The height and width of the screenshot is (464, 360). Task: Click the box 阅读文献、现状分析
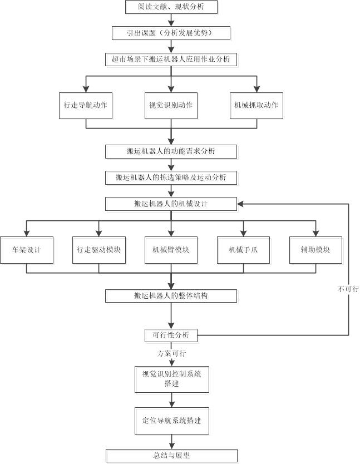[x=171, y=7]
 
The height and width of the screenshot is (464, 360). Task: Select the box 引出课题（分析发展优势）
[x=171, y=33]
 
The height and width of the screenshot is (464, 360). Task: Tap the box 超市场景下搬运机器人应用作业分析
[x=171, y=59]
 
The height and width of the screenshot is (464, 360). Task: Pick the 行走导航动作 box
[x=86, y=105]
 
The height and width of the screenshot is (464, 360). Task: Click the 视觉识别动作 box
[x=171, y=105]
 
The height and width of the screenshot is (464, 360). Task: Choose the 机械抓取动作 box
[x=257, y=105]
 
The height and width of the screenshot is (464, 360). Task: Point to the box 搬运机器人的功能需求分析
[x=171, y=151]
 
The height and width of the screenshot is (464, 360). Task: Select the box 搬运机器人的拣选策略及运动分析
[x=171, y=177]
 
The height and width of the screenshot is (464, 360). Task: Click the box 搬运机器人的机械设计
[x=171, y=204]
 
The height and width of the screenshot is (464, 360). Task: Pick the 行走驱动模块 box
[x=98, y=250]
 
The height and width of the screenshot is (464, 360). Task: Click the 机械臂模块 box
[x=171, y=250]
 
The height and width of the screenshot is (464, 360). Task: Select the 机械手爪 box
[x=243, y=250]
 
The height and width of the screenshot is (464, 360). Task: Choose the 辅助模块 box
[x=315, y=250]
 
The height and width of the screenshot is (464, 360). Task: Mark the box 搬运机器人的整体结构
[x=171, y=295]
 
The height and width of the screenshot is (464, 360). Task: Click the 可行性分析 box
[x=171, y=335]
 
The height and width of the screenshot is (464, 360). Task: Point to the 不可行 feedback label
[x=348, y=289]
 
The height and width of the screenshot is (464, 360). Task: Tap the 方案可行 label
[x=171, y=353]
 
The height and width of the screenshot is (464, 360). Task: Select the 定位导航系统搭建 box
[x=171, y=421]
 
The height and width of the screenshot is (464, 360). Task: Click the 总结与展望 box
[x=171, y=455]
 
